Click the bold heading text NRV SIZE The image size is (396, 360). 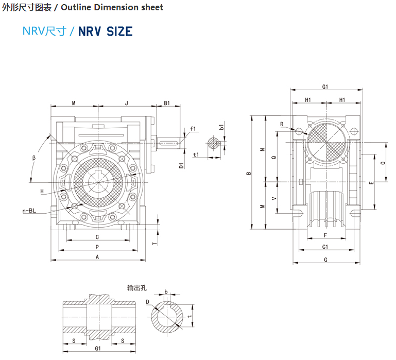(x=105, y=31)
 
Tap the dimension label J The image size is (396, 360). (x=127, y=103)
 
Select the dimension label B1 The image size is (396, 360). (x=167, y=103)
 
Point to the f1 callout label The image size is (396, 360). (x=193, y=128)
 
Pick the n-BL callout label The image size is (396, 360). (x=29, y=211)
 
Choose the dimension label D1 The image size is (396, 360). (x=181, y=165)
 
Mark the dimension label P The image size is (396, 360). (x=97, y=247)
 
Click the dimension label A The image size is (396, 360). (x=97, y=256)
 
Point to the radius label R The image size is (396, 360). (x=282, y=124)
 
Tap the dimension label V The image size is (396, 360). (x=273, y=197)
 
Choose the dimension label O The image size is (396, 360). (x=382, y=162)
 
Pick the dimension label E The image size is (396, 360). (x=371, y=182)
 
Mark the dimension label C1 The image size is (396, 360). (x=325, y=247)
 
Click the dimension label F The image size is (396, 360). (x=325, y=235)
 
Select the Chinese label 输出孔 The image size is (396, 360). (x=137, y=287)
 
